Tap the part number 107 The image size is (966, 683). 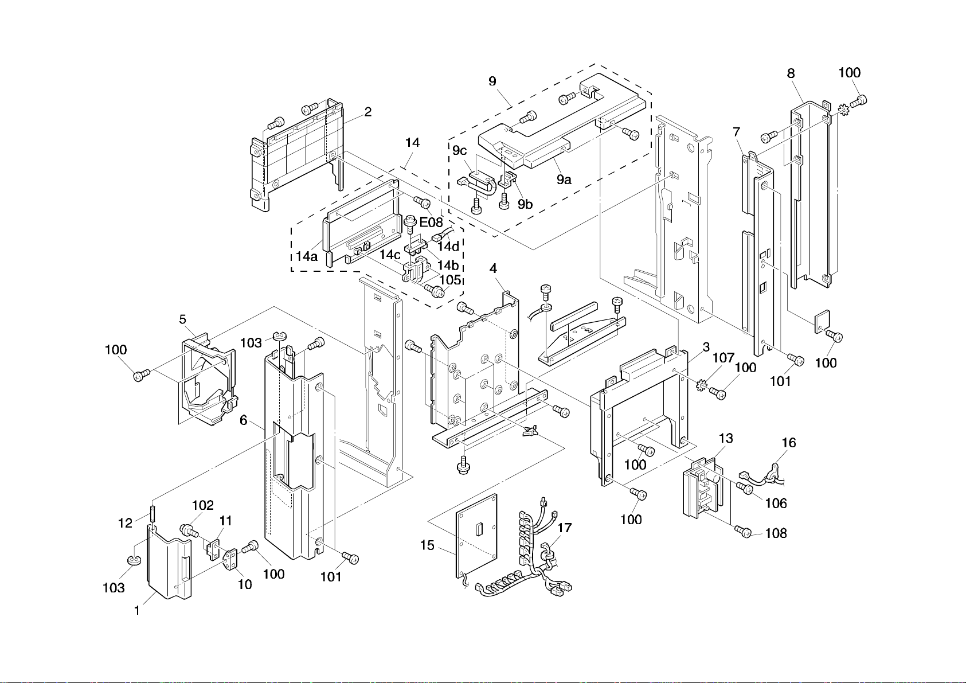coord(723,358)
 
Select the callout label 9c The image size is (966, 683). coord(459,151)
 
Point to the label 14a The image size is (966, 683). coord(307,256)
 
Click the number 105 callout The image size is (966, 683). coord(450,280)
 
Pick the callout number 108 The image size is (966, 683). coord(776,533)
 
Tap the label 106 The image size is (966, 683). coord(776,504)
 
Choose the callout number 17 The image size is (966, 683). coord(564,528)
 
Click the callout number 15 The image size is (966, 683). coord(427,545)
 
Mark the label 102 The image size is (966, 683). coord(202,506)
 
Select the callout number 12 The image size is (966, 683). coord(125,523)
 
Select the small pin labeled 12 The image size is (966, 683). coord(153,511)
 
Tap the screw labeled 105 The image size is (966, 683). coord(436,291)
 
